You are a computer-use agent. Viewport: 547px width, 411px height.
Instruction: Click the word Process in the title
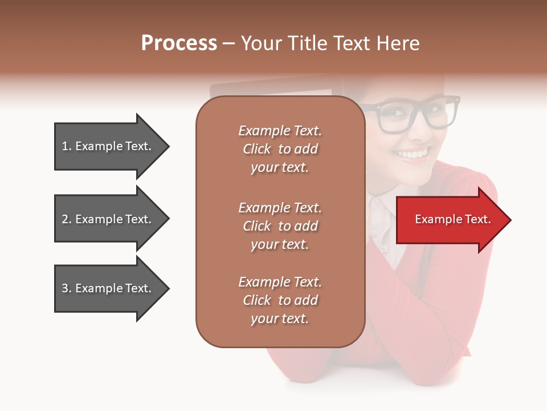coord(179,43)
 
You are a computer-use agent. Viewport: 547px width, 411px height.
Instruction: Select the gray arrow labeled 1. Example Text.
coord(108,146)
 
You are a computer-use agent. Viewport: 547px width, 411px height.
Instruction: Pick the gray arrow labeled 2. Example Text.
coord(108,219)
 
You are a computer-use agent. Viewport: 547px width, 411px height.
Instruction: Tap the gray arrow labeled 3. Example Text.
coord(108,288)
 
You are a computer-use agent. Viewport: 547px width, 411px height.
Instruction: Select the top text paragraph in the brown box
coord(280,149)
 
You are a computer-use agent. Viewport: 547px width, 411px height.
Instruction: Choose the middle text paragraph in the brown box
coord(280,226)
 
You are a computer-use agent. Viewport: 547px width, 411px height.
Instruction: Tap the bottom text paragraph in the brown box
coord(280,300)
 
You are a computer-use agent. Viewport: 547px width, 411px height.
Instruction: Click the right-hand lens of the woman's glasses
coord(438,114)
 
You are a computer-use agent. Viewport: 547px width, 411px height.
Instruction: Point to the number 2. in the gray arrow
coord(67,219)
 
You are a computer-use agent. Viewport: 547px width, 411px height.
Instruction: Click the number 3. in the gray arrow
coord(67,288)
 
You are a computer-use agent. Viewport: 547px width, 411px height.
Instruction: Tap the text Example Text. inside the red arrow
coord(452,219)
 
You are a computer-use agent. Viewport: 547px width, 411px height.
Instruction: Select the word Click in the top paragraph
coord(256,149)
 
